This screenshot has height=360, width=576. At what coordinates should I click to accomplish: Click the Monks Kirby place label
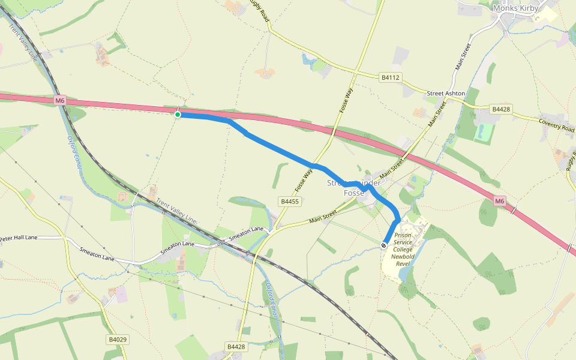pyautogui.click(x=515, y=8)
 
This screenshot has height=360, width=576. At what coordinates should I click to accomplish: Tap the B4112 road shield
pyautogui.click(x=390, y=77)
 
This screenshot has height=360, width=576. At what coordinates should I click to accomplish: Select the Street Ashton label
pyautogui.click(x=446, y=94)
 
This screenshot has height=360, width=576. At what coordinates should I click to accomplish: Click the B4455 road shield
pyautogui.click(x=289, y=202)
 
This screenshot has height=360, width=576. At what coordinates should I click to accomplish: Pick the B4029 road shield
pyautogui.click(x=118, y=340)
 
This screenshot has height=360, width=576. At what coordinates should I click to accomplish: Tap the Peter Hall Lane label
pyautogui.click(x=19, y=238)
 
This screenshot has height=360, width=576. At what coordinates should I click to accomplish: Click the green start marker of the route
pyautogui.click(x=178, y=114)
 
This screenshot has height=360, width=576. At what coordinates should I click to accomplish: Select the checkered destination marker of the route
pyautogui.click(x=384, y=245)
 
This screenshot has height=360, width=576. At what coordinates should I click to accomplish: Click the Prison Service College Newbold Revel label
pyautogui.click(x=403, y=245)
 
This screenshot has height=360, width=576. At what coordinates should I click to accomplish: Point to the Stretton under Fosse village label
pyautogui.click(x=354, y=187)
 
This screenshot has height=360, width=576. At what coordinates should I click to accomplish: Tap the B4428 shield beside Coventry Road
pyautogui.click(x=500, y=109)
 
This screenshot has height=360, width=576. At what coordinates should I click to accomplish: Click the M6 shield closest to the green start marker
pyautogui.click(x=59, y=101)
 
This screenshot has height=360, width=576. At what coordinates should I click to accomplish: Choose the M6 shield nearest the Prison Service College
pyautogui.click(x=500, y=201)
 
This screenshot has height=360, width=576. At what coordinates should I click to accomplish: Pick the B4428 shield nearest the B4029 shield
pyautogui.click(x=236, y=347)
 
